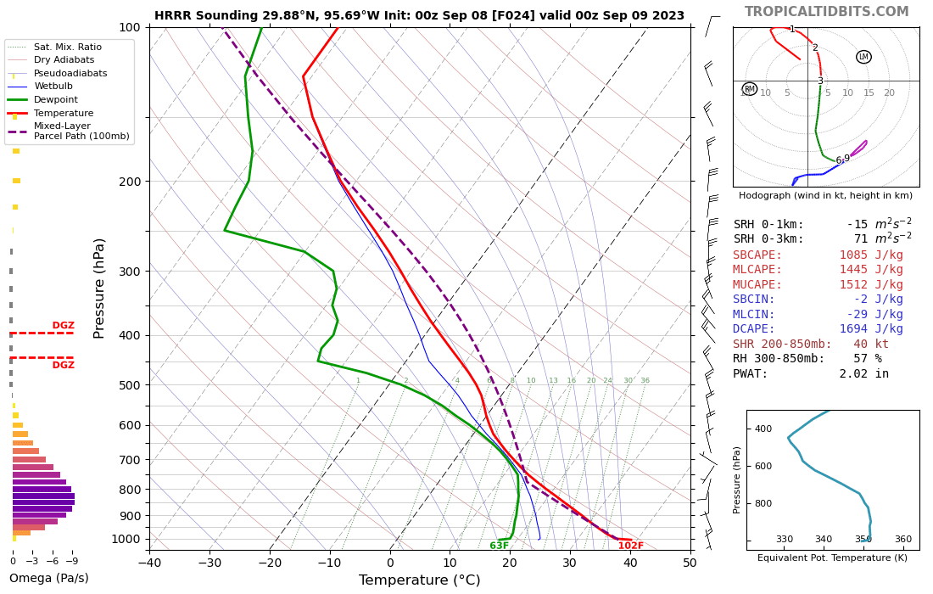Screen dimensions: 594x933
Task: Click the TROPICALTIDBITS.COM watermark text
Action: click(x=826, y=12)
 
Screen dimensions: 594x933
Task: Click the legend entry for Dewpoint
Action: click(x=56, y=99)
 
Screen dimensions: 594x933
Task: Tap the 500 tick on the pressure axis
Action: click(x=129, y=385)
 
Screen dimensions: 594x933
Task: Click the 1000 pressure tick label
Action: click(x=126, y=539)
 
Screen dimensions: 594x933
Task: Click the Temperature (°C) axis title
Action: click(x=419, y=580)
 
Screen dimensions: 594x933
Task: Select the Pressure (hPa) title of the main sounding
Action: click(x=100, y=289)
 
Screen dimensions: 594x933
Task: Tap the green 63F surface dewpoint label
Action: click(x=500, y=546)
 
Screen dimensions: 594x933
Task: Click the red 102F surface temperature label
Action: click(x=630, y=546)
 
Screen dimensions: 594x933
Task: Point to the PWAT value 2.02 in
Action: click(x=863, y=373)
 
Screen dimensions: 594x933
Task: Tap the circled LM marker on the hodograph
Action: click(x=863, y=57)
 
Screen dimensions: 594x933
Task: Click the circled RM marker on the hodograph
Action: click(x=749, y=89)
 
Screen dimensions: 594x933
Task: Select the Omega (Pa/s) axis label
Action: click(x=48, y=579)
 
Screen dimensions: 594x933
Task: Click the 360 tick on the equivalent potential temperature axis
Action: click(x=902, y=539)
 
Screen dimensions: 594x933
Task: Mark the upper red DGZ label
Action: click(x=64, y=325)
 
